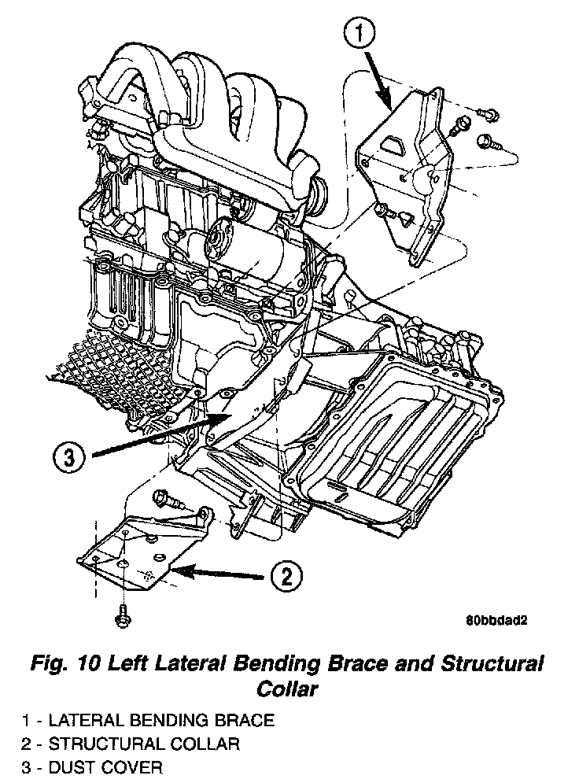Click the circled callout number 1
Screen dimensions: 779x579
(x=360, y=35)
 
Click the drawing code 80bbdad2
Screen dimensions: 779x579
(x=495, y=619)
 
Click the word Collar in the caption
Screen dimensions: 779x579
(x=287, y=689)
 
